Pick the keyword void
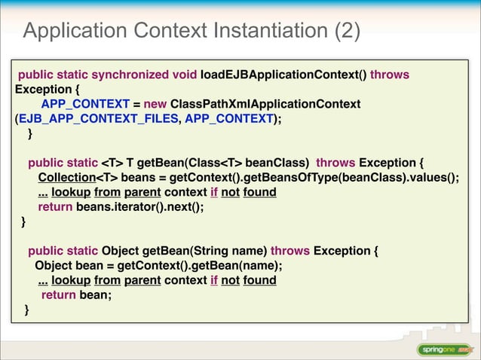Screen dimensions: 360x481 point(182,75)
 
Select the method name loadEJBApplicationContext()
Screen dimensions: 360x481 point(283,75)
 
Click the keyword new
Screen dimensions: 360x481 point(155,103)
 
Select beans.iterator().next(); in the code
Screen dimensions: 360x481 point(140,207)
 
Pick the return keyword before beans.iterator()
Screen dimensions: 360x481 point(55,207)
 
